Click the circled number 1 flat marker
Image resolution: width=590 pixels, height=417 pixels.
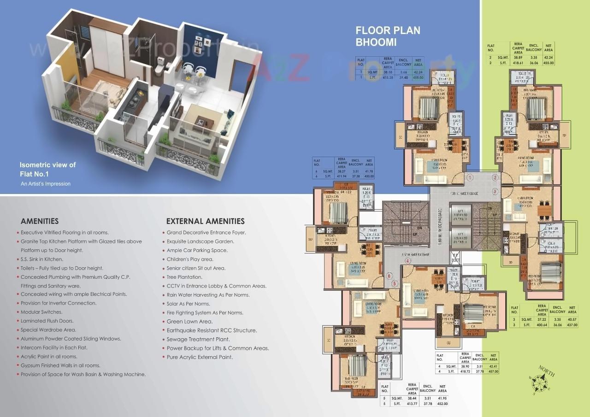pos(470,177)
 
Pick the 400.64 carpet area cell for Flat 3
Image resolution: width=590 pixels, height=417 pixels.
pos(542,325)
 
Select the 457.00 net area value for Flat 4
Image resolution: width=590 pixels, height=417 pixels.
pos(493,371)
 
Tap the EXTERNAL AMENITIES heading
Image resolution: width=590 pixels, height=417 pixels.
pos(205,221)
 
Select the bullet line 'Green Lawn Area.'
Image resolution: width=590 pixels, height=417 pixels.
pos(189,322)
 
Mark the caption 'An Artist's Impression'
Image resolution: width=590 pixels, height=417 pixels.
pos(46,184)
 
